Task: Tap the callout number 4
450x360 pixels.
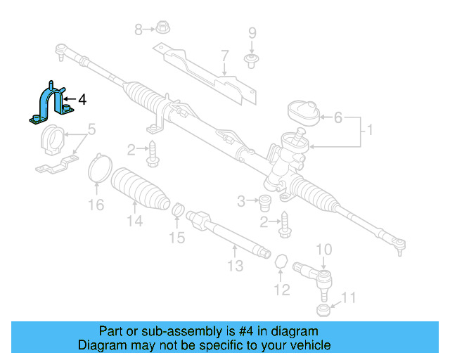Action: pos(82,100)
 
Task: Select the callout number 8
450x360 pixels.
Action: pos(139,29)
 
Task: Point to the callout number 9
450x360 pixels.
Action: pos(252,33)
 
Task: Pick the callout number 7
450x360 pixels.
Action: pos(224,56)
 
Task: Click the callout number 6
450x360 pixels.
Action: pos(337,118)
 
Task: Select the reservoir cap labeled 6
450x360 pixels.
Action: pos(304,112)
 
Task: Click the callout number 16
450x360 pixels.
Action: pos(96,205)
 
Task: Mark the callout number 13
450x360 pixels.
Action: pos(235,265)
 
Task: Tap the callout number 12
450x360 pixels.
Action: pos(281,289)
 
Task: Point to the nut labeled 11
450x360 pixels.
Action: pos(322,310)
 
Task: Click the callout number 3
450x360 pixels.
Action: pos(241,202)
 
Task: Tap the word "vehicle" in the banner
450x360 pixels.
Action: pos(307,345)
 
